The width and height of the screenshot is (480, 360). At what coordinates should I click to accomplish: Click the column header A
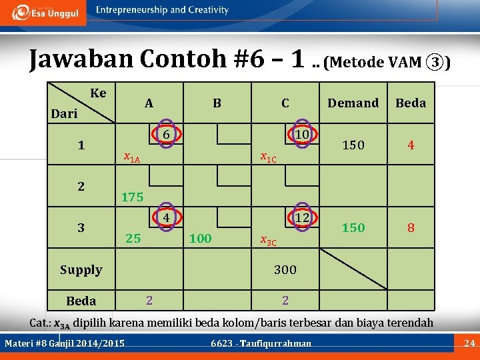point(149,103)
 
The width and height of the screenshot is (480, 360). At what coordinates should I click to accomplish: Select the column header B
point(217,103)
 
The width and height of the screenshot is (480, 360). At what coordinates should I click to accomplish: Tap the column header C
point(285,103)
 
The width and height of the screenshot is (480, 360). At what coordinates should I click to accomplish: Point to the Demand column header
point(353,103)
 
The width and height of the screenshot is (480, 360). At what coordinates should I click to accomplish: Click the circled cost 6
point(169,134)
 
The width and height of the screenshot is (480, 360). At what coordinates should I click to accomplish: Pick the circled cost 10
point(302,134)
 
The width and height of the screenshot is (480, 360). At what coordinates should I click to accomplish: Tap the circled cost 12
point(302,217)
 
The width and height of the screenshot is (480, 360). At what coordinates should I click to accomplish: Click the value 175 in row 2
point(133,197)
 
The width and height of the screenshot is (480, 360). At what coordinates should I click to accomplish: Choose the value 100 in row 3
point(201,238)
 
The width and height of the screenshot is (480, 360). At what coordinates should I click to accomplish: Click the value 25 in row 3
point(133,238)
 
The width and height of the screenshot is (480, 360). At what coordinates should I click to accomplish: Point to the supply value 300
point(285,270)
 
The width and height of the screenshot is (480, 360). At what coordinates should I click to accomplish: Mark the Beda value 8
point(411,228)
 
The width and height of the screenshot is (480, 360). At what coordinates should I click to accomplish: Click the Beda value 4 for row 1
point(411,145)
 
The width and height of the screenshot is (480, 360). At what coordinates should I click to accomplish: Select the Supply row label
point(81,270)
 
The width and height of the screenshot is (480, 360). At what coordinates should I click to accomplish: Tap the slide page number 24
point(468,343)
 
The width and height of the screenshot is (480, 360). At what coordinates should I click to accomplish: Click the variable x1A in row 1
point(132,158)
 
